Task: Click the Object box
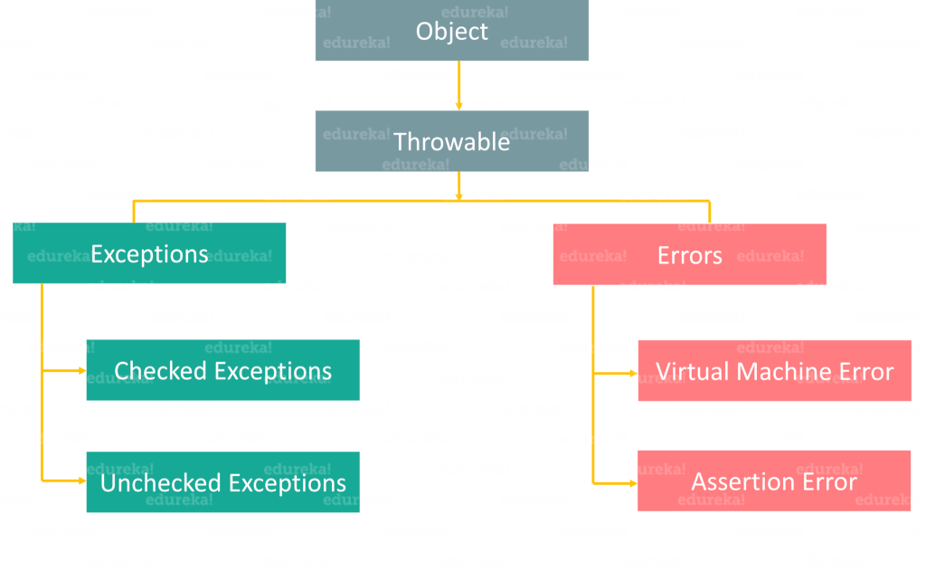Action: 452,30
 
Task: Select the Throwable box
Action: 452,141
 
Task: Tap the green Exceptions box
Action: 149,253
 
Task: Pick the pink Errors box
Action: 690,254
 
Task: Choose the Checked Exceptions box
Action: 223,370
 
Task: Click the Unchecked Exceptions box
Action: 223,482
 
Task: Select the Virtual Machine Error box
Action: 775,370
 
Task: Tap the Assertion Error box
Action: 774,481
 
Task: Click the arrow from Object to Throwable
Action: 458,85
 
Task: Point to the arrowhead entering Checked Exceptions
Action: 82,370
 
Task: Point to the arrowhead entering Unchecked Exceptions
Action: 82,481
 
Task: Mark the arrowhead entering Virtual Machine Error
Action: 634,373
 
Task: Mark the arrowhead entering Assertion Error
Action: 634,483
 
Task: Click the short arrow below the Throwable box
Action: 458,186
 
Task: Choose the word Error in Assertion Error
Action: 827,481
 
